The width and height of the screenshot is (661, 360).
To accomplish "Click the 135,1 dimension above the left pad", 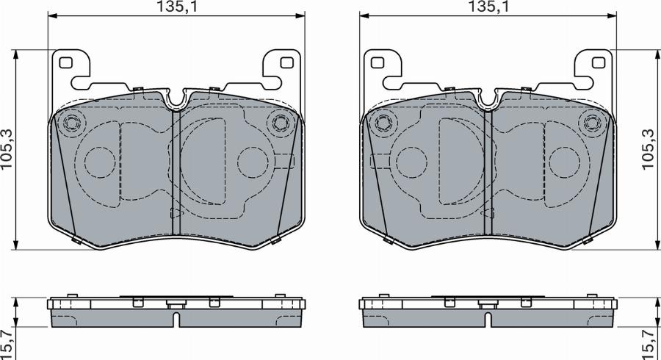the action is coord(176,7).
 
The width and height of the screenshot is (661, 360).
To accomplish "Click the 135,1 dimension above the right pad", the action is coord(488,7).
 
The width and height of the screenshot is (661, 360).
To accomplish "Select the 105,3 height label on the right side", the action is coord(649,150).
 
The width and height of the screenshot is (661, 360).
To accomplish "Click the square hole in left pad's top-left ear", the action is coord(66,62).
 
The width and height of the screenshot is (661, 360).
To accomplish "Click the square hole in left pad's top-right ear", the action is coord(286,62).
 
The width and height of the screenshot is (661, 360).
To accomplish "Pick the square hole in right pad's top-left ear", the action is coord(378,62).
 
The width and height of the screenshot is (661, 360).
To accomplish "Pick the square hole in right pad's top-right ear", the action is coord(599,62).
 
